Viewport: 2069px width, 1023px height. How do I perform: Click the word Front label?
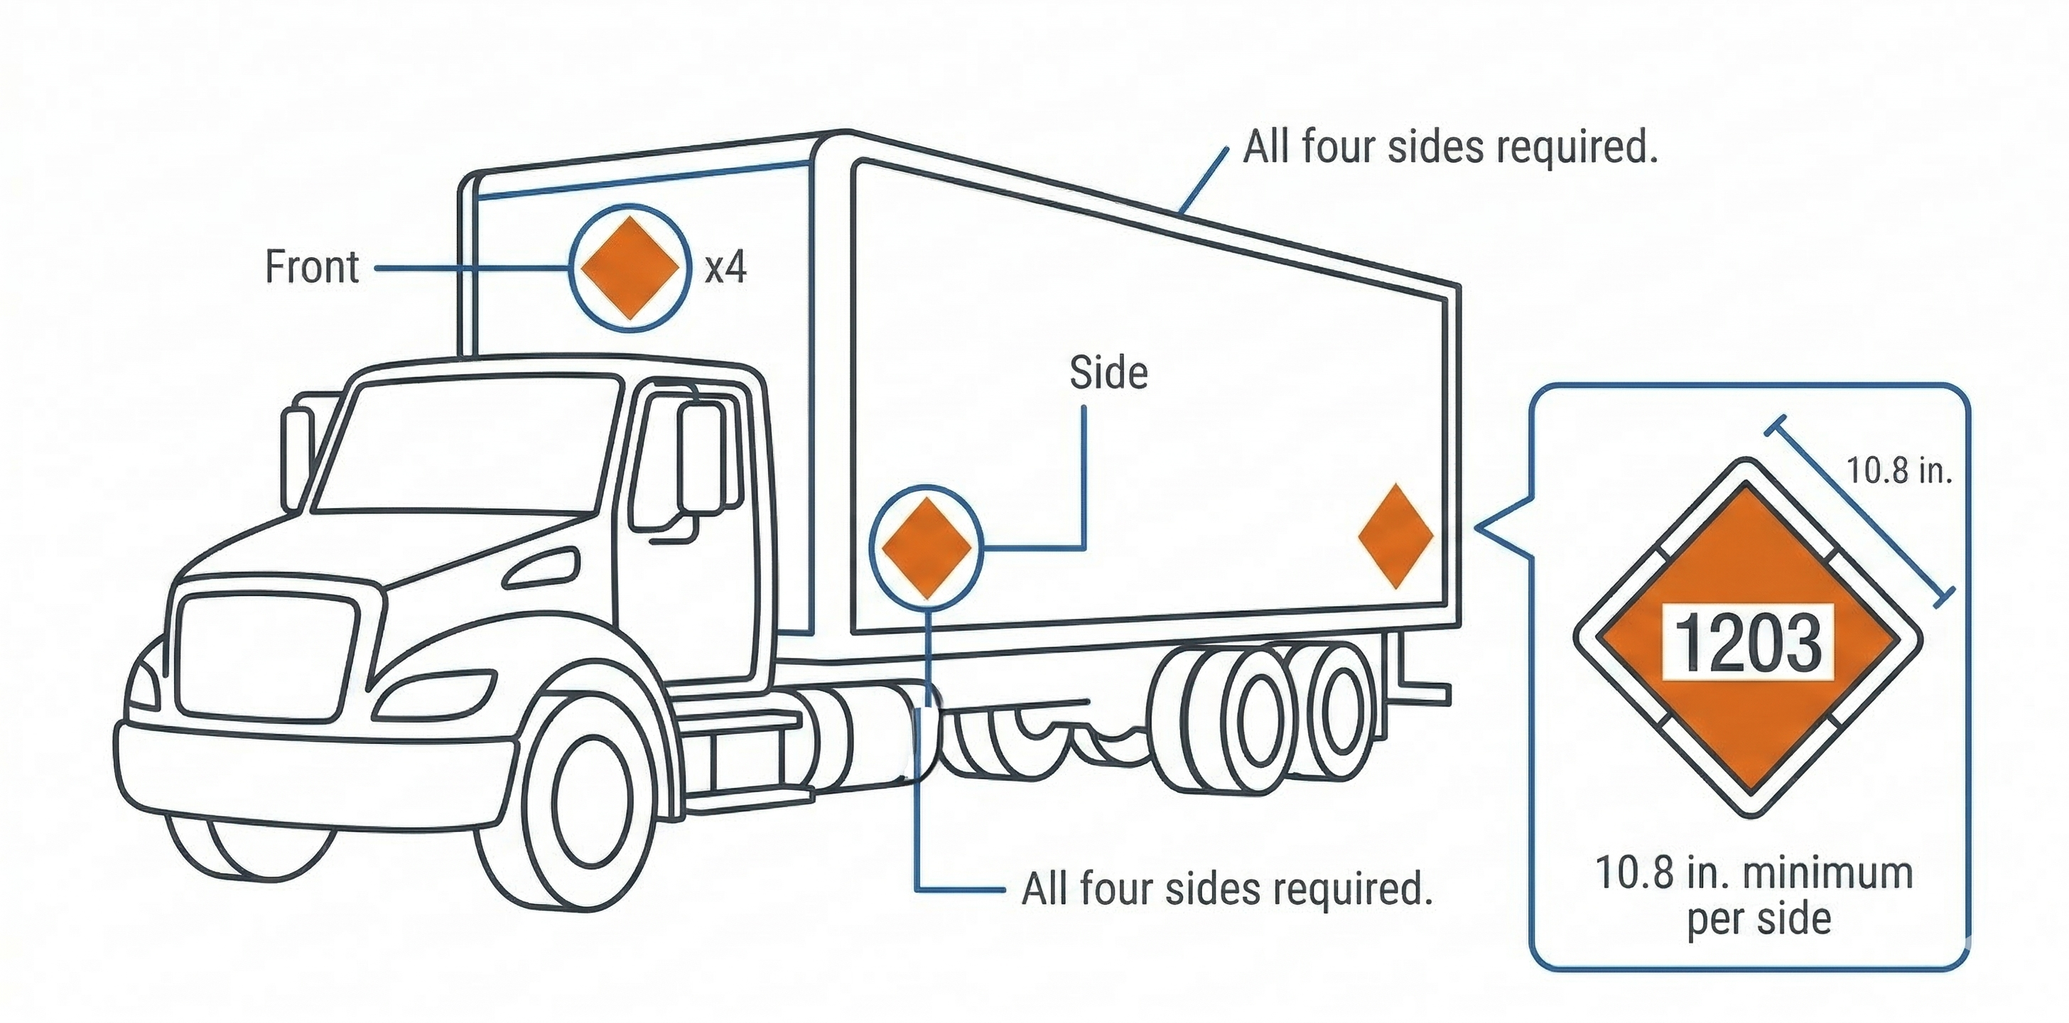(x=312, y=267)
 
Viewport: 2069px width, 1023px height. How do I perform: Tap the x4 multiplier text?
(x=725, y=266)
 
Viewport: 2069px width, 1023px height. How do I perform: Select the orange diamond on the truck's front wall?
(x=630, y=267)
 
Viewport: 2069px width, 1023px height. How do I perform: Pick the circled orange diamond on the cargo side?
(x=926, y=548)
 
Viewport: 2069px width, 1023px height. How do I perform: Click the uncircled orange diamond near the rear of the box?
(x=1396, y=536)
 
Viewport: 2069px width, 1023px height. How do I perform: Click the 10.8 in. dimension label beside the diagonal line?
(x=1898, y=470)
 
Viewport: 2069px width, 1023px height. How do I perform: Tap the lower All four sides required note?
(x=1226, y=889)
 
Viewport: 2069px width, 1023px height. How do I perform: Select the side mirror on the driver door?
(x=701, y=458)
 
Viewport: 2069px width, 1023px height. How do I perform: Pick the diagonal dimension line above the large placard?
(x=1860, y=511)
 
